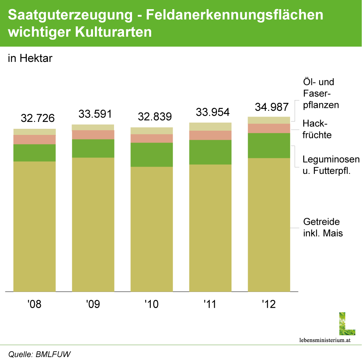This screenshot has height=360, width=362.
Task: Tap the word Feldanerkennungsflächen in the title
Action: (x=235, y=15)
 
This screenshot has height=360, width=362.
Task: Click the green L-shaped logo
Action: (x=347, y=324)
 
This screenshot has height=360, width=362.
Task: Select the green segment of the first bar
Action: (x=34, y=153)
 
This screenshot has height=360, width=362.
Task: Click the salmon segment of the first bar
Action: (x=34, y=139)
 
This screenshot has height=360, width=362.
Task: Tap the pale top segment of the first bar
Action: (x=34, y=132)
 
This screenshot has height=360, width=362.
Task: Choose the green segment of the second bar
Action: (x=93, y=148)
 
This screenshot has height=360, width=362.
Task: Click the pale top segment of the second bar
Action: (x=93, y=127)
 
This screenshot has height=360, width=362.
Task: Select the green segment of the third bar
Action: (x=152, y=155)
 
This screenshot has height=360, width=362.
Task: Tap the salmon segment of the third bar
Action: (x=152, y=138)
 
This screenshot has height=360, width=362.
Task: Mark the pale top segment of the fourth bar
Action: (x=210, y=126)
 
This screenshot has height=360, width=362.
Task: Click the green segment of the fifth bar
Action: (x=269, y=146)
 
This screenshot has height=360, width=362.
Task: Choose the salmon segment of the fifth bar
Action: (x=269, y=128)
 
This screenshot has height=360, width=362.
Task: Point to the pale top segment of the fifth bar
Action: (x=269, y=120)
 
